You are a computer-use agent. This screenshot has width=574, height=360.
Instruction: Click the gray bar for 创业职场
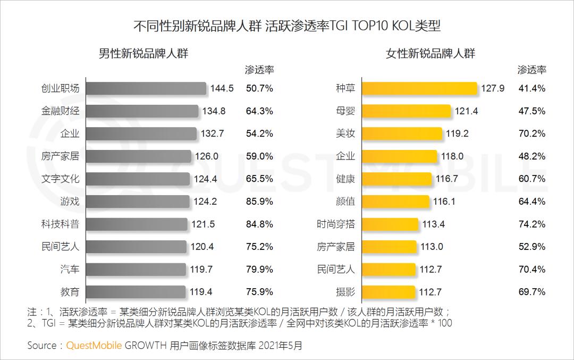point(146,88)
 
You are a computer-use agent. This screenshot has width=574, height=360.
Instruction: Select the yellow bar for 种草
point(420,88)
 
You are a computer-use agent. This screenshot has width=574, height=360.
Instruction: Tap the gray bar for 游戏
point(138,202)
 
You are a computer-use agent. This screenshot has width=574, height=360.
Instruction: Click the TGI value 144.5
point(222,88)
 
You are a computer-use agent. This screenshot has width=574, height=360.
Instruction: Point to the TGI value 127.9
point(493,88)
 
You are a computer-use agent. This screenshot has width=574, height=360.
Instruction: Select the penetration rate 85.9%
point(259,202)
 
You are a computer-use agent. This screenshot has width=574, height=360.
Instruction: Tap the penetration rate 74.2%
point(532,224)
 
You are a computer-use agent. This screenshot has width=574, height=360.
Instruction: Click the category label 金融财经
point(60,111)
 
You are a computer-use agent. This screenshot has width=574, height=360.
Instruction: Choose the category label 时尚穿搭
point(335,224)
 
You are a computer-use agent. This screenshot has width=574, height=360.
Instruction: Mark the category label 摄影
point(345,292)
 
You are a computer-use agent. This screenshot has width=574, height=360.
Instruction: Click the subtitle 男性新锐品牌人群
point(143,53)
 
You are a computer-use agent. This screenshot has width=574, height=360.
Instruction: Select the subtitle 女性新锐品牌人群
point(430,53)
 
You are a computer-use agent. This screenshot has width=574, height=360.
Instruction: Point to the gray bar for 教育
point(136,292)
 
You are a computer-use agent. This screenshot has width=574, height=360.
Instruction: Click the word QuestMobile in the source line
point(94,346)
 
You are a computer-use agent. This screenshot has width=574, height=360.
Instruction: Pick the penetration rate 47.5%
point(532,111)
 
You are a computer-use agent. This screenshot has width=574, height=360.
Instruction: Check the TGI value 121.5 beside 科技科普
point(204,224)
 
